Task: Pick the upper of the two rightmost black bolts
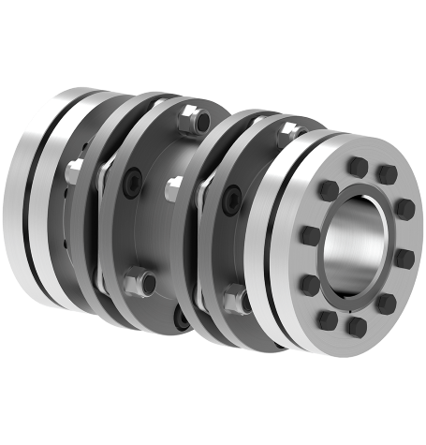point(401,209)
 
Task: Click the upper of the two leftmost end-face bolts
point(307,232)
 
